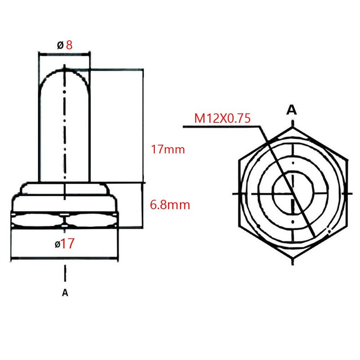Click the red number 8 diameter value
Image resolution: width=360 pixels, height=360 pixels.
pos(69,45)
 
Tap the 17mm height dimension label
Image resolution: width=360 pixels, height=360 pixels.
pos(168,149)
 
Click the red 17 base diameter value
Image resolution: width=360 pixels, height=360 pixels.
pos(67,244)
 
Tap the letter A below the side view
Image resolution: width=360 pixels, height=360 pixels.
pos(65,292)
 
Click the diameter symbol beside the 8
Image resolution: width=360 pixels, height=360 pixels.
pos(60,45)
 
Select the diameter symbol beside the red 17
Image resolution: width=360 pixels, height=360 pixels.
pos(57,245)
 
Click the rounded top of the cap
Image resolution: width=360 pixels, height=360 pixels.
pos(65,72)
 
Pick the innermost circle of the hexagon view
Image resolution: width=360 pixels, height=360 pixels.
pos(292,193)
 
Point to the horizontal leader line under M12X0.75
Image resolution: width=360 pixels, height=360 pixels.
pos(220,127)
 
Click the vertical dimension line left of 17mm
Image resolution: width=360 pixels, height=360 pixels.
pos(144,126)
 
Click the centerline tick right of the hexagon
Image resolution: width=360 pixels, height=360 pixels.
pos(350,193)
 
